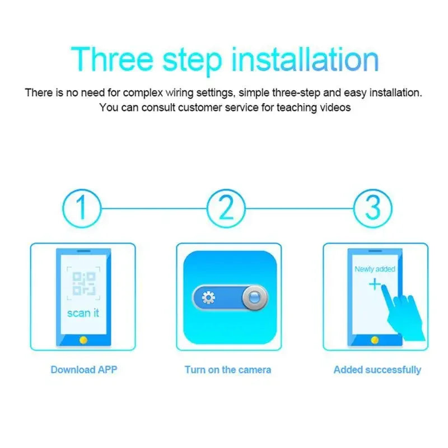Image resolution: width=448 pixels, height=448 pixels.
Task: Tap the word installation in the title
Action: click(305, 59)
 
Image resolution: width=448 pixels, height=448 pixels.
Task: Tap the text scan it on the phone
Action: click(83, 313)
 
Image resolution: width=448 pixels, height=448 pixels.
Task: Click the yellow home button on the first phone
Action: click(83, 339)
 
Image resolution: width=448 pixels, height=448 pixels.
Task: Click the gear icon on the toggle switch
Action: click(208, 297)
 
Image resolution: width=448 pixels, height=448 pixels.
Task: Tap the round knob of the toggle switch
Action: click(254, 297)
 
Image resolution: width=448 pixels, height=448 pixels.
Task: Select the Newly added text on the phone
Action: click(375, 269)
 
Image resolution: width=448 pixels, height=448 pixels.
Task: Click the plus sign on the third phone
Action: click(374, 285)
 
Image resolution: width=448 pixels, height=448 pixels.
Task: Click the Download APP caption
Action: click(84, 370)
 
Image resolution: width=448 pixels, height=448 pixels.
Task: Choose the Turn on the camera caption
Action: click(228, 370)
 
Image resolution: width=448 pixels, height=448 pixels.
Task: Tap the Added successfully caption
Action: click(377, 370)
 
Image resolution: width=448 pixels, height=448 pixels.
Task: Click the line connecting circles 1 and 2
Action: click(154, 208)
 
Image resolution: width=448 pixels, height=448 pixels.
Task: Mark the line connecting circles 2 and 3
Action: click(300, 208)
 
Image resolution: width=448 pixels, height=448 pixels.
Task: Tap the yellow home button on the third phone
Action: click(375, 339)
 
